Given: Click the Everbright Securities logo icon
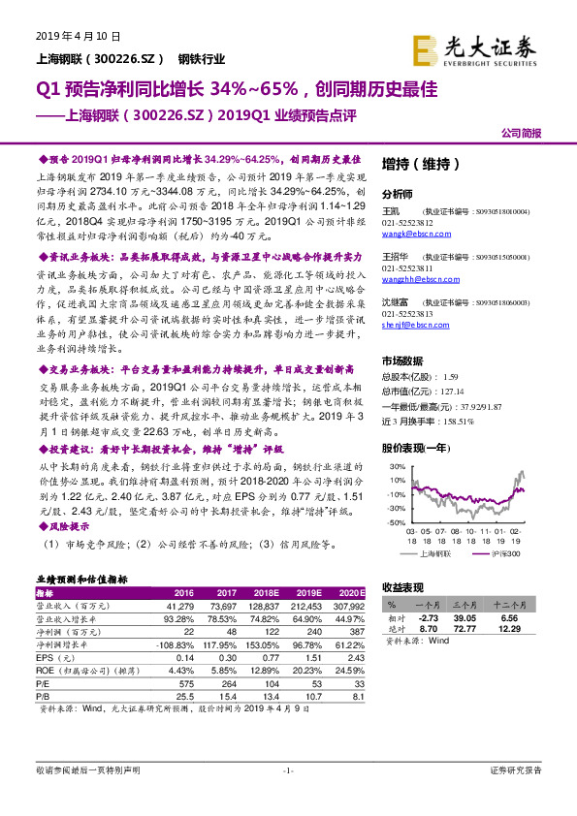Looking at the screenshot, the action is pos(426,47).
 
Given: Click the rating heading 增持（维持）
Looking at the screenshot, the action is pos(414,162).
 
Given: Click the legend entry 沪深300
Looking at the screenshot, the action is pos(503,553).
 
